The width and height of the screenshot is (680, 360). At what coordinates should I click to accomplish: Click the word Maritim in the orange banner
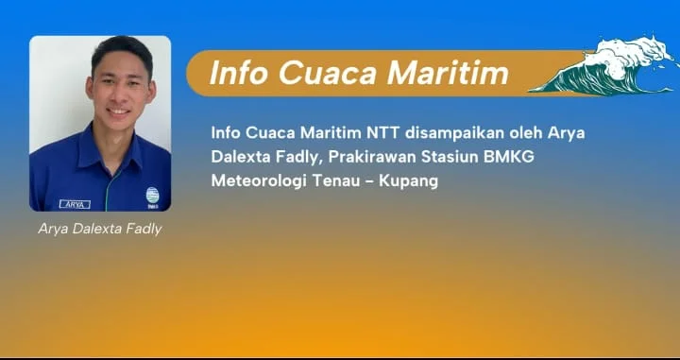pyautogui.click(x=448, y=73)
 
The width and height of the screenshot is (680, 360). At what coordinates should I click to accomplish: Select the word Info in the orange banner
pyautogui.click(x=239, y=73)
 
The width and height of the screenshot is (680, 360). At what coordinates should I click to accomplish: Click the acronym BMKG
pyautogui.click(x=509, y=157)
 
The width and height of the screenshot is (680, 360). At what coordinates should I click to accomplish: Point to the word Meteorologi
pyautogui.click(x=260, y=180)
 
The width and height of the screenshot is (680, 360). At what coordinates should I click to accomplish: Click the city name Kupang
pyautogui.click(x=409, y=181)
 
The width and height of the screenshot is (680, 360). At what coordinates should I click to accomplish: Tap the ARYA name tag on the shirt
pyautogui.click(x=75, y=204)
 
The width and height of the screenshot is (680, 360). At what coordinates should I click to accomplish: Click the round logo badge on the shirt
pyautogui.click(x=152, y=196)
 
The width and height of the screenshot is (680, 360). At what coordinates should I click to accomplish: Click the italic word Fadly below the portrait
pyautogui.click(x=144, y=230)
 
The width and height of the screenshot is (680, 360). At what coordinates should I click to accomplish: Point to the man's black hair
pyautogui.click(x=122, y=52)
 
